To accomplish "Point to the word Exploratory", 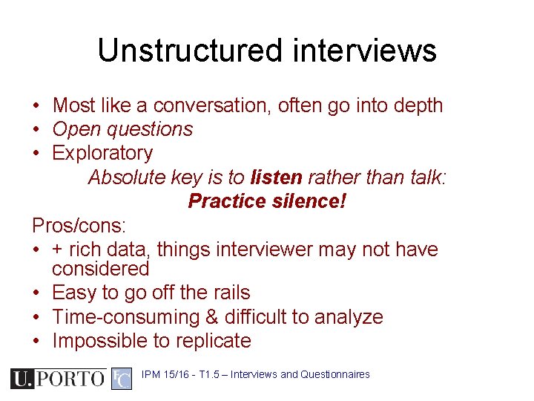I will tap(102, 153).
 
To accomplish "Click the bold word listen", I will tap(277, 177).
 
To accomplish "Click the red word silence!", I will tap(311, 200).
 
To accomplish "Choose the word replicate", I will tap(215, 341).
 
